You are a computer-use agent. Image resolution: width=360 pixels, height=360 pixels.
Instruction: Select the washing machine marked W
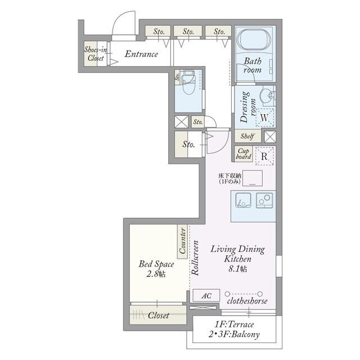[x=265, y=118]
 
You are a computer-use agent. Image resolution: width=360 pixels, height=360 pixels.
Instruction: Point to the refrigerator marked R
[x=265, y=156]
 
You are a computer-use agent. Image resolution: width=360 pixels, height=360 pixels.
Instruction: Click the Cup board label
[x=244, y=154]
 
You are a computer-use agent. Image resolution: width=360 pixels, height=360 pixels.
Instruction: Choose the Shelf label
[x=247, y=136]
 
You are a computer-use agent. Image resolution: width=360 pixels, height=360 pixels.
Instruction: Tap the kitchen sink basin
[x=243, y=200]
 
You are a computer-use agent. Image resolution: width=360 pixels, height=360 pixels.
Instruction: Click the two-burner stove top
[x=264, y=200]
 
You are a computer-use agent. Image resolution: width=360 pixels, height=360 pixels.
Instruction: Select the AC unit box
[x=206, y=295]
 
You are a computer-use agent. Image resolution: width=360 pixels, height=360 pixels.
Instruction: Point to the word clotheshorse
[x=247, y=301]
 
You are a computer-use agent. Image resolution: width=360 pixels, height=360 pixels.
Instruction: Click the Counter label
[x=182, y=241]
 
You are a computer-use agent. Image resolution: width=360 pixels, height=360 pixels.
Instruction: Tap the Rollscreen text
[x=195, y=258]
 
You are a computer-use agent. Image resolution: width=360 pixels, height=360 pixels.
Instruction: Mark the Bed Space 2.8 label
[x=156, y=269]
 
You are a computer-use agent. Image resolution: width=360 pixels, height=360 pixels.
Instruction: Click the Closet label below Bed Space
[x=159, y=316]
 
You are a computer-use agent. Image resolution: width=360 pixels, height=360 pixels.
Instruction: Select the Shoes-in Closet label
[x=96, y=54]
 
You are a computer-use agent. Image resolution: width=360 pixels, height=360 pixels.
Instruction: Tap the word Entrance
[x=141, y=54]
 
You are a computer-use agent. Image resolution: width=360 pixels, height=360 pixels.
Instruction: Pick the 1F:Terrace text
[x=234, y=325]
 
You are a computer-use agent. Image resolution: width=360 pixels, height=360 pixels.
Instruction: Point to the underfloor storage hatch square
[x=253, y=178]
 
